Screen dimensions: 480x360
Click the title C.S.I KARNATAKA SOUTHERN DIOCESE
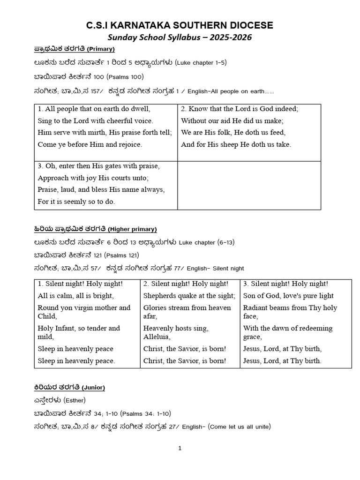click(180, 25)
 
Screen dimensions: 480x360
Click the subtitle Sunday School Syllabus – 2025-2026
click(180, 38)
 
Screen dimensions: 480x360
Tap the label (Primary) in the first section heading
click(101, 49)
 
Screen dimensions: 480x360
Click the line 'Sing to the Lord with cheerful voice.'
click(95, 120)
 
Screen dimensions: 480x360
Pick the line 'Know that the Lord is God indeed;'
click(239, 109)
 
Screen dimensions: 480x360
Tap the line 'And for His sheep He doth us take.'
click(236, 144)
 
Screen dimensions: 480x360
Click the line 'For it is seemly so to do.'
click(76, 202)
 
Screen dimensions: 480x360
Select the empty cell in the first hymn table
click(249, 185)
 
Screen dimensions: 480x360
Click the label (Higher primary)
click(132, 229)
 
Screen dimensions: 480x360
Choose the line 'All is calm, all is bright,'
click(75, 296)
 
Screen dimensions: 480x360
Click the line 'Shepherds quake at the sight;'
click(189, 296)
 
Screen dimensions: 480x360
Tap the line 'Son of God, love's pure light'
click(288, 296)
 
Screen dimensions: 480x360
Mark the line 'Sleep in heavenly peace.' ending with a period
click(76, 361)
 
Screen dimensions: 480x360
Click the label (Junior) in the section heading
click(93, 388)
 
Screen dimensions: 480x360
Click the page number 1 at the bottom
click(180, 448)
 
